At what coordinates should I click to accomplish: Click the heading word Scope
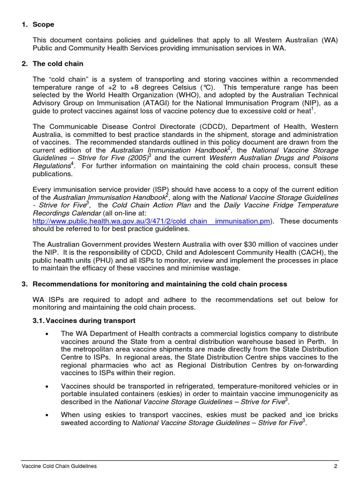(x=43, y=24)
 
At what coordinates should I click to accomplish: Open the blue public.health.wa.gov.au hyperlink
(x=151, y=221)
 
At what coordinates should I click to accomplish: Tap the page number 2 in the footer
(x=336, y=466)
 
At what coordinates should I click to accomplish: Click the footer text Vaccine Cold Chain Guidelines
(x=60, y=466)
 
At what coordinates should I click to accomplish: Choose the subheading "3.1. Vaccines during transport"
(x=84, y=321)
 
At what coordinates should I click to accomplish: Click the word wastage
(x=226, y=269)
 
